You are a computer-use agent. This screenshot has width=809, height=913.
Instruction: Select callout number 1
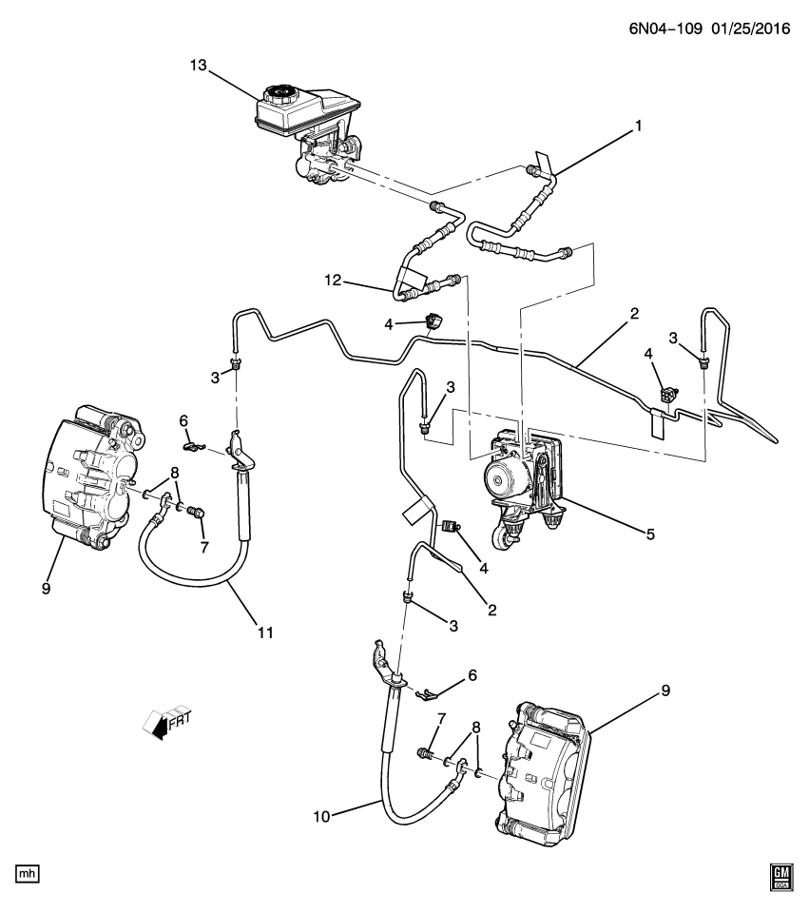[639, 125]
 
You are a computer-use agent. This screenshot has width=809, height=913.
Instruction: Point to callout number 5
[650, 534]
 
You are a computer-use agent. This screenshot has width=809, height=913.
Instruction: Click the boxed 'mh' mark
[28, 872]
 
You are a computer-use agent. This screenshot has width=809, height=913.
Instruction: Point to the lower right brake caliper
[542, 770]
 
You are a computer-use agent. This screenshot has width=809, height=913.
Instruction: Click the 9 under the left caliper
[46, 589]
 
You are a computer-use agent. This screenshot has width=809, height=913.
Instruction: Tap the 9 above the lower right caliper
[665, 691]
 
